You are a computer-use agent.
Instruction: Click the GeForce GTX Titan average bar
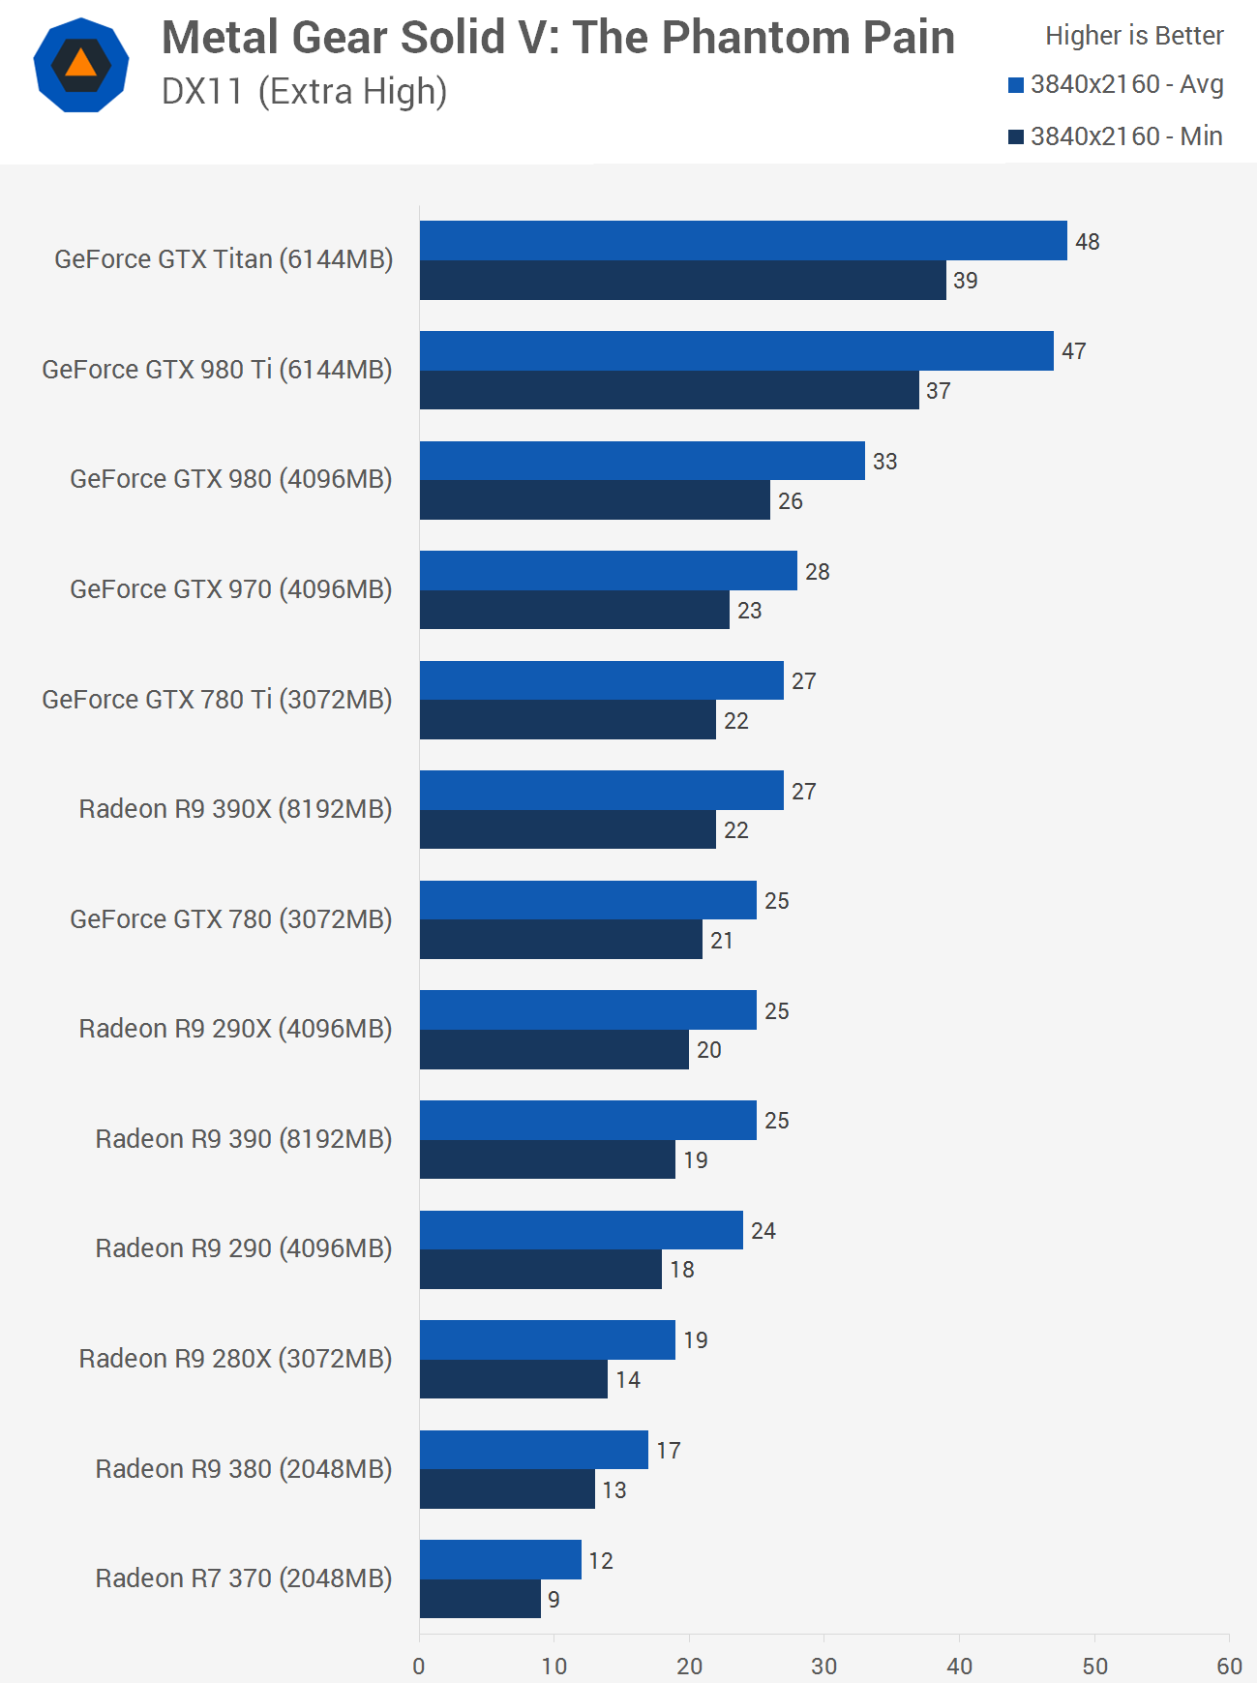pyautogui.click(x=743, y=241)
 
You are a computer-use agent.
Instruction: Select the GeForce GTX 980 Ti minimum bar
pyautogui.click(x=669, y=390)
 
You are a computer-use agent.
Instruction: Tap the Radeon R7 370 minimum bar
pyautogui.click(x=480, y=1599)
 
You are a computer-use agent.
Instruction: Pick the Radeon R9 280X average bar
pyautogui.click(x=547, y=1339)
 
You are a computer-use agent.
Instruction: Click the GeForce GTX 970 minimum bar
pyautogui.click(x=574, y=610)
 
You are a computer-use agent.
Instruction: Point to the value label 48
pyautogui.click(x=1087, y=242)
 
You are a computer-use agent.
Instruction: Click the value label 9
pyautogui.click(x=554, y=1600)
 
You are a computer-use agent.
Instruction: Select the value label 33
pyautogui.click(x=884, y=462)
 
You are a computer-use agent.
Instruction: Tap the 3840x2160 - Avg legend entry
pyautogui.click(x=1116, y=85)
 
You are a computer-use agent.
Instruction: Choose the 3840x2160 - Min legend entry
pyautogui.click(x=1116, y=136)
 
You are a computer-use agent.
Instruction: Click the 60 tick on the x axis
pyautogui.click(x=1229, y=1666)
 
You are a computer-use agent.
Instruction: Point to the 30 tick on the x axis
pyautogui.click(x=823, y=1666)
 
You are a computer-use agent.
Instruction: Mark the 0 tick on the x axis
pyautogui.click(x=419, y=1666)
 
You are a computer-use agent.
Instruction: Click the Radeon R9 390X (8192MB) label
pyautogui.click(x=235, y=809)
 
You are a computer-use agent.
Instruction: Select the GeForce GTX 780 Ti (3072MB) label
pyautogui.click(x=217, y=700)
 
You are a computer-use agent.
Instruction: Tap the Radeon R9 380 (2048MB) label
pyautogui.click(x=243, y=1469)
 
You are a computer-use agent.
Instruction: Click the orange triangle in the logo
pyautogui.click(x=81, y=64)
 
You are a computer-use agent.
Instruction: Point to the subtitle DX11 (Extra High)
pyautogui.click(x=304, y=92)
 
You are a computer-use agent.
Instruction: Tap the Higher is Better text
pyautogui.click(x=1134, y=36)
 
